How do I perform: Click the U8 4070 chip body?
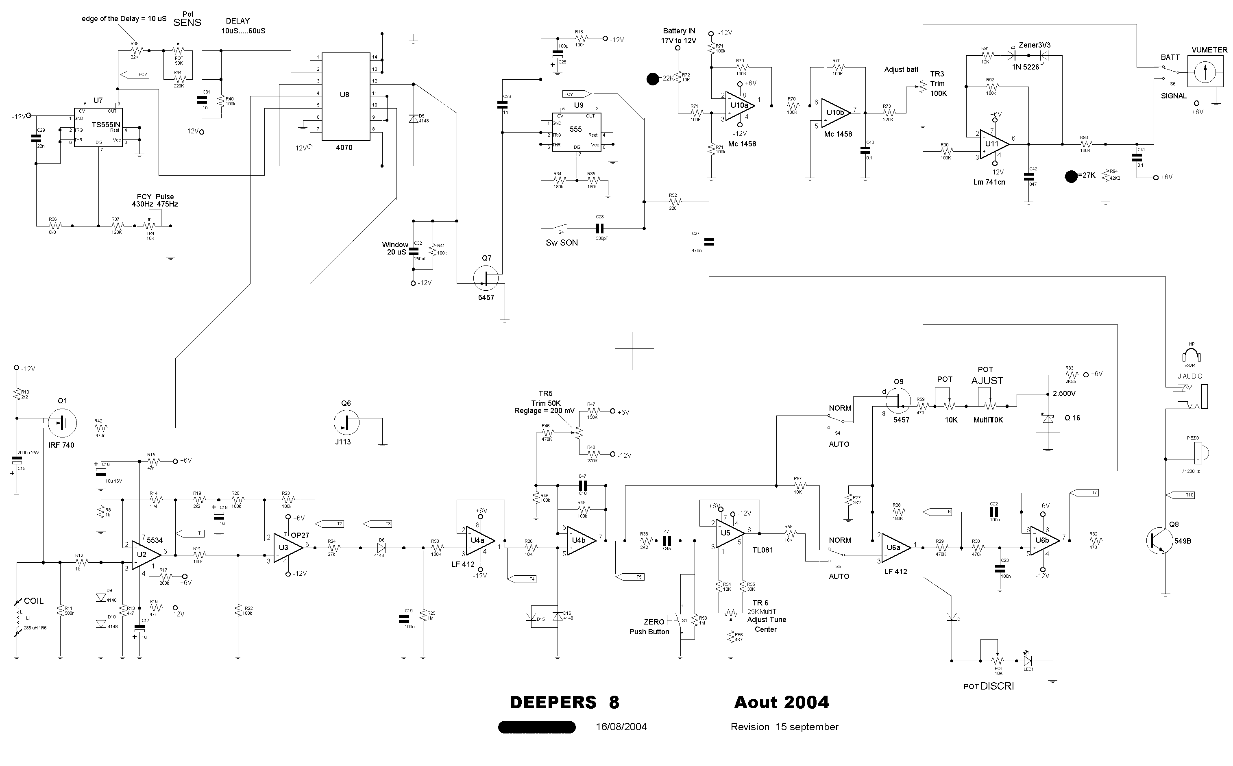click(345, 96)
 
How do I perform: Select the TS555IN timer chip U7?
click(98, 127)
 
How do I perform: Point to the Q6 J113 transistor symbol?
click(347, 422)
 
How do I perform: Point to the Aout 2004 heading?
click(782, 703)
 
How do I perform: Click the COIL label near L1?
click(33, 601)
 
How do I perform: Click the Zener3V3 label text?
click(1035, 45)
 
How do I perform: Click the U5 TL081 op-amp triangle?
click(728, 533)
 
